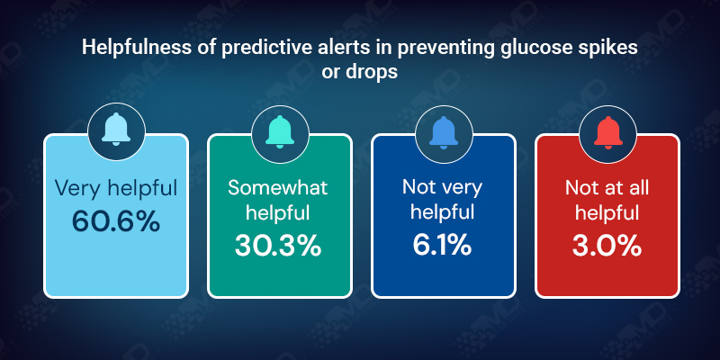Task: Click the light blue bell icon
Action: (114, 133)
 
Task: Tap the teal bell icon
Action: (278, 133)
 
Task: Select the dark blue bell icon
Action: (442, 133)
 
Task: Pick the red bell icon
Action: (606, 133)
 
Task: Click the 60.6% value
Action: (115, 220)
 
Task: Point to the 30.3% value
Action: (278, 246)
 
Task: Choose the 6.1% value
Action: (442, 246)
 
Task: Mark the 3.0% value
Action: (606, 246)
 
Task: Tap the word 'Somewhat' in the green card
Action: (278, 188)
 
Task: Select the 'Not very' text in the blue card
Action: (442, 188)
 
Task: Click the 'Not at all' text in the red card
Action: (606, 188)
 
